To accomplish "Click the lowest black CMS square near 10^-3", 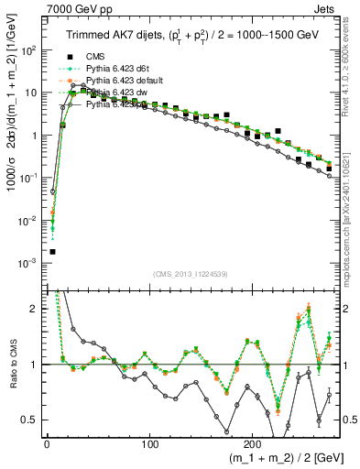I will click(x=52, y=252).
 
